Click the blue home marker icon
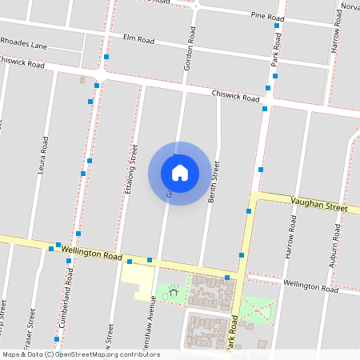(180, 173)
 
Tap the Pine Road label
(268, 16)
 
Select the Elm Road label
(138, 38)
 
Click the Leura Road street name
(43, 154)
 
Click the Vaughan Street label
(319, 206)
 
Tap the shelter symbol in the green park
(173, 294)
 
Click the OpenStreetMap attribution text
(81, 354)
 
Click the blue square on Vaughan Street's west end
(249, 211)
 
